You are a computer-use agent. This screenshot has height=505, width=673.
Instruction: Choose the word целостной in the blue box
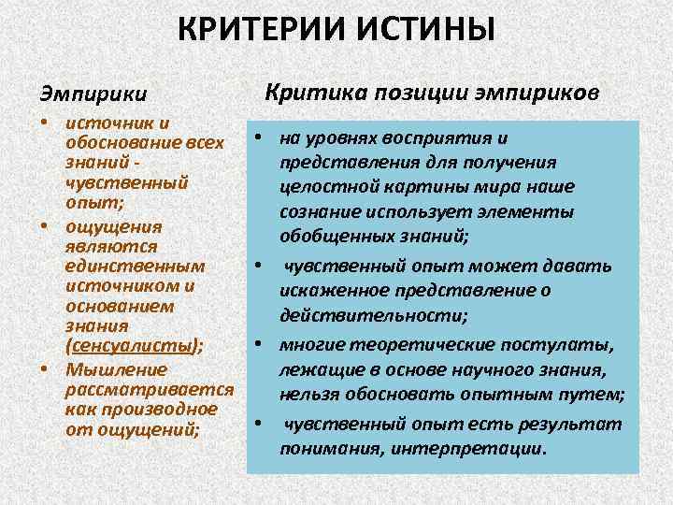[323, 186]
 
